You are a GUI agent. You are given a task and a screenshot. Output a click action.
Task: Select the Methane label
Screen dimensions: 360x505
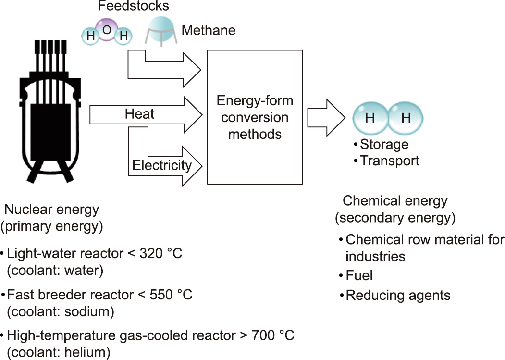(209, 31)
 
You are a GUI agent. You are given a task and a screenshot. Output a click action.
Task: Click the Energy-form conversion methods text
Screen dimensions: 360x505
(255, 117)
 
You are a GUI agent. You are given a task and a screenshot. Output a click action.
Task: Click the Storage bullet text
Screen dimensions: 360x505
(384, 144)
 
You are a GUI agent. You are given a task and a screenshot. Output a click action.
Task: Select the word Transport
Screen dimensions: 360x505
(390, 160)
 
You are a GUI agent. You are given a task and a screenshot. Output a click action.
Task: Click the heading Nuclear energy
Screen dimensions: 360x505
(51, 210)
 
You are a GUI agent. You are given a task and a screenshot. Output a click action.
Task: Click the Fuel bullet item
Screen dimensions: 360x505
(359, 275)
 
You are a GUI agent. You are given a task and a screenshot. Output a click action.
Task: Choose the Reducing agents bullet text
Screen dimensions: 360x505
(398, 295)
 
